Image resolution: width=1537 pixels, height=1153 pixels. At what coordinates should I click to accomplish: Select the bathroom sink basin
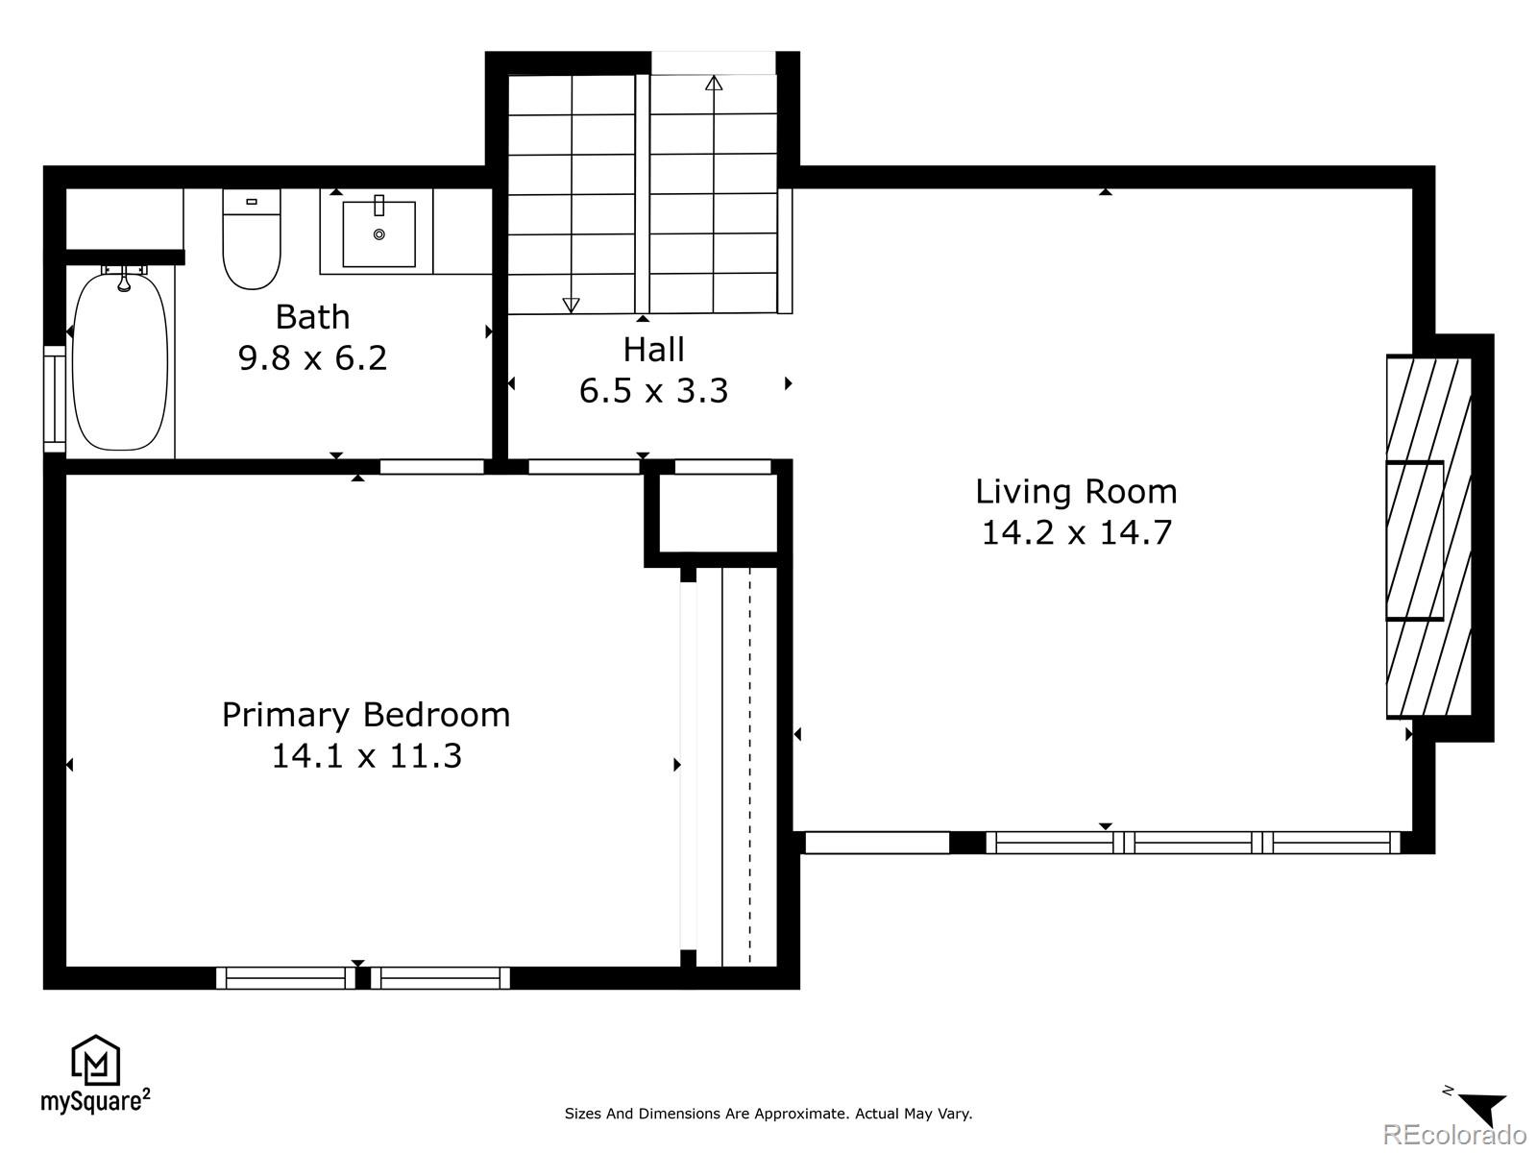pos(379,233)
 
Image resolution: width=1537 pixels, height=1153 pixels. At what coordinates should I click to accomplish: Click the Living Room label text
pos(1076,491)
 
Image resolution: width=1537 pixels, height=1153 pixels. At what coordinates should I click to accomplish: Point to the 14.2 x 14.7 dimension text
pos(1076,532)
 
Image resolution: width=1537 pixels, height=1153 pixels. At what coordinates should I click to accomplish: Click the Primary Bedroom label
pos(366,715)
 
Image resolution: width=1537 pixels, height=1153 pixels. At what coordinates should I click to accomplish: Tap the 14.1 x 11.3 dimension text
pos(366,756)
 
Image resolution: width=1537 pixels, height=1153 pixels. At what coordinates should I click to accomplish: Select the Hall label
pos(653,350)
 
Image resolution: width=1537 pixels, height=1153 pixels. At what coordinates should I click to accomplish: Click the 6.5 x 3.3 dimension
pos(653,391)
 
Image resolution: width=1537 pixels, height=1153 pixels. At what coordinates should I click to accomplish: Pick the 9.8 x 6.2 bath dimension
pos(312,357)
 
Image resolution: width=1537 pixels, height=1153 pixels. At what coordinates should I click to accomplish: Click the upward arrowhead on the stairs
pos(714,84)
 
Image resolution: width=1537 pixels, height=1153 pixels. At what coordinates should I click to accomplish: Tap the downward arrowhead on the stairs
pos(571,305)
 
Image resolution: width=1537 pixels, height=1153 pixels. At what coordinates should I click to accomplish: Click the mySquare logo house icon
pos(96,1061)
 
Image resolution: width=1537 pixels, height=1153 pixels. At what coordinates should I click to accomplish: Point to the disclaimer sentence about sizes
pos(768,1114)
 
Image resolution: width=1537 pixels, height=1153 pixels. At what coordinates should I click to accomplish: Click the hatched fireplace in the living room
pos(1428,538)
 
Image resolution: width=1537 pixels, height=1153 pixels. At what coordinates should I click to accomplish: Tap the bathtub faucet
pos(123,280)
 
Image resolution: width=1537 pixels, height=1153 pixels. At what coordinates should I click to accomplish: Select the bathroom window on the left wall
pos(54,399)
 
